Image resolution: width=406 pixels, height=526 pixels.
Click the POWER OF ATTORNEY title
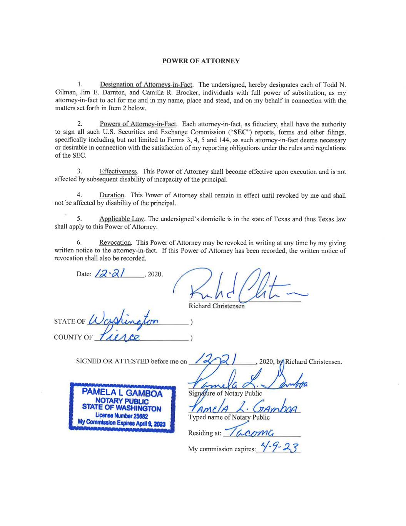tap(201, 61)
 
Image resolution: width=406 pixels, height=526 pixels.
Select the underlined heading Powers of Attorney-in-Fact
tap(138, 124)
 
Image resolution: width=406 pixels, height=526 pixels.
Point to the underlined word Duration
tap(112, 195)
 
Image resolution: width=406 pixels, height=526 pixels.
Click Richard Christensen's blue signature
tap(242, 285)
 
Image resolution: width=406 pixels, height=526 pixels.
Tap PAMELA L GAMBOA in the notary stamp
tap(122, 394)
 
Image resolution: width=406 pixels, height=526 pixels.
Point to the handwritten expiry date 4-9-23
tap(278, 448)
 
